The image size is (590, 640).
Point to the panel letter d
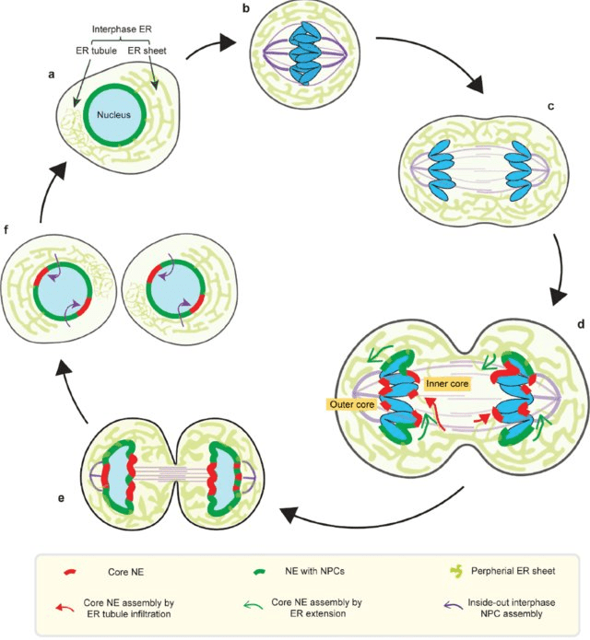(x=579, y=325)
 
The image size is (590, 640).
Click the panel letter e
(x=61, y=498)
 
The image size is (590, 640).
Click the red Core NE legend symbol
(x=69, y=576)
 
